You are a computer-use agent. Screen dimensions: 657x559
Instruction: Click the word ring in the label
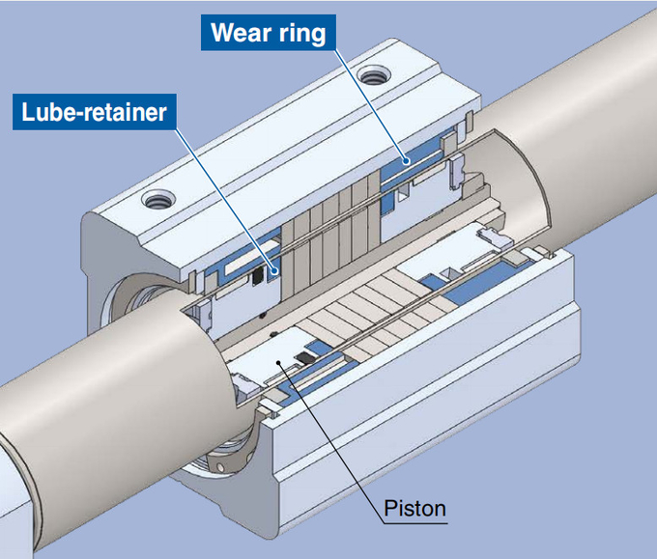tap(302, 34)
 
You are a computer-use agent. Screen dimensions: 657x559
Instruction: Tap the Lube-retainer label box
tap(95, 112)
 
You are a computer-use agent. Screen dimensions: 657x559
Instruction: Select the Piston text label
tap(414, 509)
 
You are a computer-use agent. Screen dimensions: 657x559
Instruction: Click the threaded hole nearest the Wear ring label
tap(373, 76)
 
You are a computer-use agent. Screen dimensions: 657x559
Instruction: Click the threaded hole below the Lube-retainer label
tap(158, 199)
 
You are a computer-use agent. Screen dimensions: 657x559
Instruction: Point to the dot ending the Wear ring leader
tap(406, 160)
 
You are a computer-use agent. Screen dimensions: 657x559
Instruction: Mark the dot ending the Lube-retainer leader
tap(274, 271)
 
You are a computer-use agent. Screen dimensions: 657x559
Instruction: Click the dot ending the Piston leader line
tap(279, 363)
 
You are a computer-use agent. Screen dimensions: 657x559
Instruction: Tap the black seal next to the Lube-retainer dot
tap(258, 274)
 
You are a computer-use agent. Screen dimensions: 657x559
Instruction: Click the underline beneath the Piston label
tap(415, 523)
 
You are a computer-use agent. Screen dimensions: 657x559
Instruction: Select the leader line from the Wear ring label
tap(369, 104)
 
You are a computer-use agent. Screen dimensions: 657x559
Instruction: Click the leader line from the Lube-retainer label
tap(224, 200)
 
